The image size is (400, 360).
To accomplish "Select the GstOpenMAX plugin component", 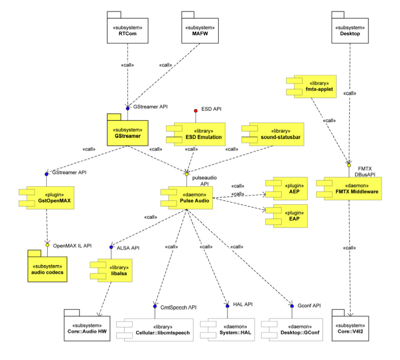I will click(47, 197).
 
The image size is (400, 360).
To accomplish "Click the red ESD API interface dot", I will click(195, 110).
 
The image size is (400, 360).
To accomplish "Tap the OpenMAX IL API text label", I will click(72, 245).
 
